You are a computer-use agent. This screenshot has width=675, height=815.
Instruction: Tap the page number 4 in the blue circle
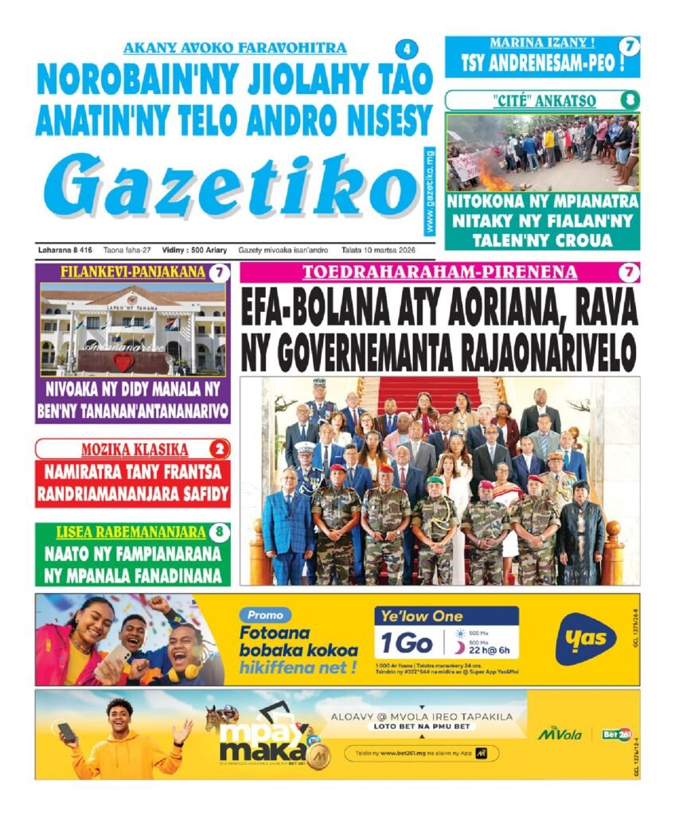click(x=407, y=49)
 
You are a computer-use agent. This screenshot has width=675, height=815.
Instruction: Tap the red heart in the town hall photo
click(x=123, y=362)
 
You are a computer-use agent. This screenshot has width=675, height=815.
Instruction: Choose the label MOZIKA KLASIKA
click(x=123, y=449)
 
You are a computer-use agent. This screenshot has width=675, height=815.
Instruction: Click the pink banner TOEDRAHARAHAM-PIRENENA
click(x=439, y=272)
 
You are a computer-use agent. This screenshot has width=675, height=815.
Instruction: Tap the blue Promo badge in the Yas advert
click(x=265, y=615)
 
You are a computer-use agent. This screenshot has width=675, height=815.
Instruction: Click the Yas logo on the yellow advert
click(x=586, y=638)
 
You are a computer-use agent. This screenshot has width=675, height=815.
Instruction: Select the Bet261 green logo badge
click(x=611, y=734)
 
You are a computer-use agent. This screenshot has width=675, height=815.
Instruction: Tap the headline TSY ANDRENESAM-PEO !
click(x=541, y=63)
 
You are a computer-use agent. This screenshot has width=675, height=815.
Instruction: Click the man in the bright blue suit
click(x=286, y=521)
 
